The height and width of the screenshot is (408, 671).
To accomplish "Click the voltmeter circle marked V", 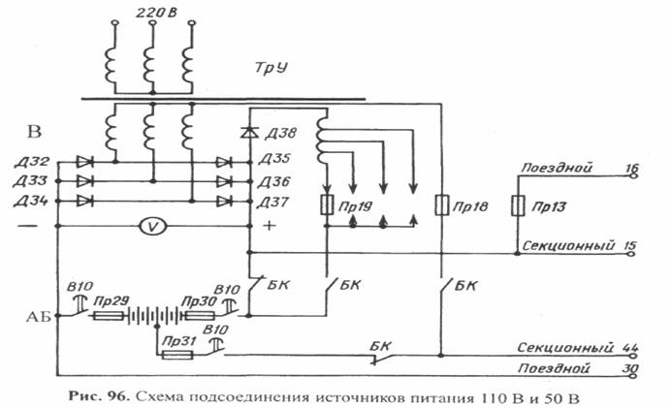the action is (153, 226).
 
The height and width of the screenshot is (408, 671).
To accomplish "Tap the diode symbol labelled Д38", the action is (249, 133).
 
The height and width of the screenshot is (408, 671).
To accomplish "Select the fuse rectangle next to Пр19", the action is (327, 204).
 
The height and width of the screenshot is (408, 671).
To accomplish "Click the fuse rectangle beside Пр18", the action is (441, 204).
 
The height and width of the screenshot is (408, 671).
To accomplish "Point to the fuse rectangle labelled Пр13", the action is (518, 205).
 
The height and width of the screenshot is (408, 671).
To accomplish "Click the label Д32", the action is (32, 162).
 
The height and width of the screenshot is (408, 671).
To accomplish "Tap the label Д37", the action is (273, 202).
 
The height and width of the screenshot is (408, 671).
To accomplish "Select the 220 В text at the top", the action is (156, 13).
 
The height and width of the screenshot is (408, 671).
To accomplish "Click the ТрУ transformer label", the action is (271, 68).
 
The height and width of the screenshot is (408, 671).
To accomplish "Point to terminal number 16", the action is (631, 168).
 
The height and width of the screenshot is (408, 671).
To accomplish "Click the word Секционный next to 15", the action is (568, 245).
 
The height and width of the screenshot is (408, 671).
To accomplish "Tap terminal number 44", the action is (630, 347).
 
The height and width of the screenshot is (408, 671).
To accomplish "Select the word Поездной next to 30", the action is (554, 368).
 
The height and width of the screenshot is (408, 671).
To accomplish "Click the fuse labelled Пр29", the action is (109, 316).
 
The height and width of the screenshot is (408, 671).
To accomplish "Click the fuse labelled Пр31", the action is (177, 355).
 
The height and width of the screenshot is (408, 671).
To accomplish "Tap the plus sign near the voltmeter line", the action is (270, 226).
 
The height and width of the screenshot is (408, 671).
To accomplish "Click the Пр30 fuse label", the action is (199, 301).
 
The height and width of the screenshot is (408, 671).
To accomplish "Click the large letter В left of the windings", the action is (34, 131).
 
